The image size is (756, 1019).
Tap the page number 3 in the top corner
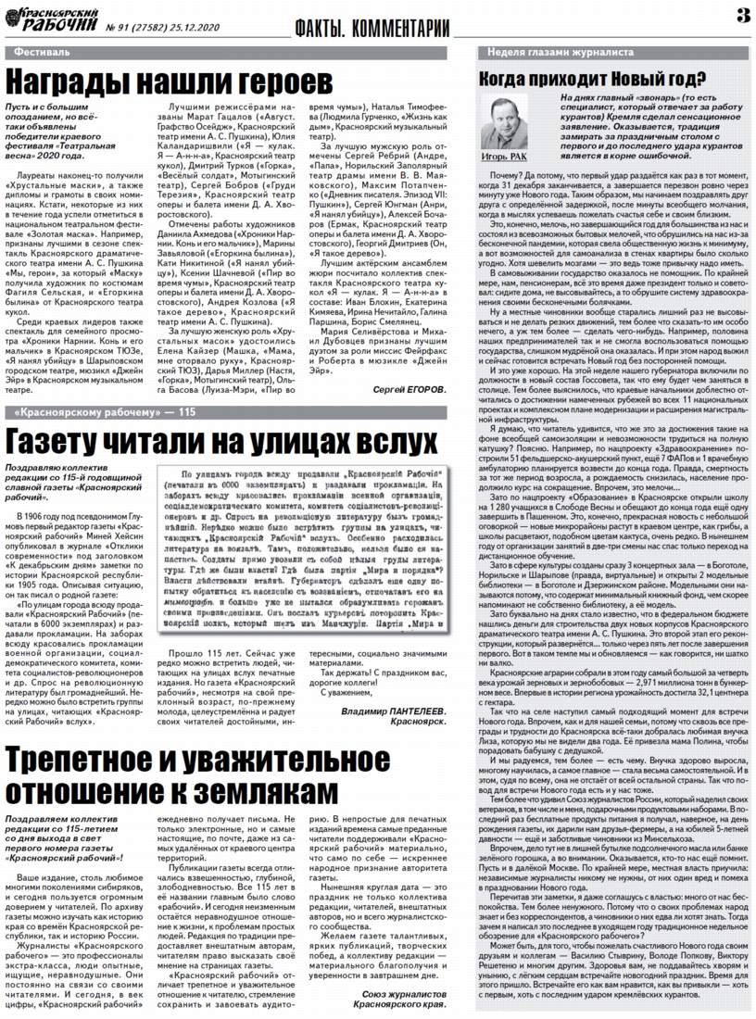pyautogui.click(x=741, y=16)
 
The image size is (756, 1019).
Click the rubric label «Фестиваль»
pyautogui.click(x=42, y=53)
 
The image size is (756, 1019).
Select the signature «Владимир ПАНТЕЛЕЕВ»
pyautogui.click(x=393, y=711)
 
